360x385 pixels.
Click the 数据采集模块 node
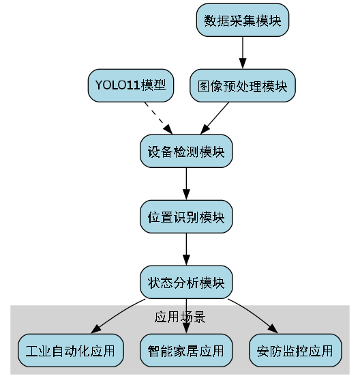[x=243, y=20]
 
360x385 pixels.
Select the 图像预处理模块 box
[x=242, y=86]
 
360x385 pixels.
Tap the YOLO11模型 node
[x=130, y=86]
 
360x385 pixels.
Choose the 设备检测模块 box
[x=186, y=152]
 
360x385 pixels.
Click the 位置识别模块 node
[x=186, y=217]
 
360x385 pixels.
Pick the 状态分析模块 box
[x=186, y=282]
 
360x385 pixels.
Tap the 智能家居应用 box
[x=186, y=351]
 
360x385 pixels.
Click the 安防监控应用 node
[x=295, y=351]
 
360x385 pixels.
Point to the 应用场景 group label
[x=180, y=317]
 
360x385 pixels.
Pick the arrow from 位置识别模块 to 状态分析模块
[x=186, y=248]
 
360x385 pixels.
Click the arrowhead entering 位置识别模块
[x=186, y=195]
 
